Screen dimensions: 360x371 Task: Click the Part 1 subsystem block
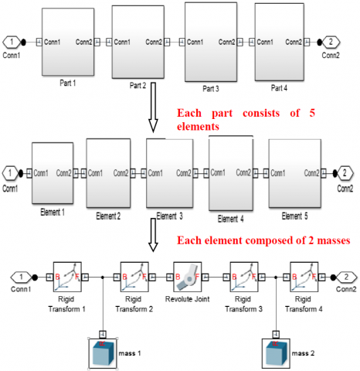pos(68,42)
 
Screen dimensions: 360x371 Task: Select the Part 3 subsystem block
pos(211,42)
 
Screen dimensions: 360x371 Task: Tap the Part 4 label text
pos(279,88)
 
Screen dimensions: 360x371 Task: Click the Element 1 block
pos(53,173)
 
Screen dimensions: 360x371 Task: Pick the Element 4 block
pos(231,173)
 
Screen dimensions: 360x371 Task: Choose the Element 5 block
pos(295,173)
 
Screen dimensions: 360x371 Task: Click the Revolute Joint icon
pos(188,277)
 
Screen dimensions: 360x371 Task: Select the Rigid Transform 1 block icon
pos(67,277)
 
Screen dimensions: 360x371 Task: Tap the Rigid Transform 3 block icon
pos(244,277)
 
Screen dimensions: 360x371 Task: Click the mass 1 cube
pos(103,353)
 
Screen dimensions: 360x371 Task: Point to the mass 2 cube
pos(276,353)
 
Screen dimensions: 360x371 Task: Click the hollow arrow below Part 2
pos(153,107)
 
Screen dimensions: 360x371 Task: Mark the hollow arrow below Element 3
pos(153,235)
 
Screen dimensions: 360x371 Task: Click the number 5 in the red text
pos(312,113)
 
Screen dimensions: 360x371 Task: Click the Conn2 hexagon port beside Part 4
pos(331,42)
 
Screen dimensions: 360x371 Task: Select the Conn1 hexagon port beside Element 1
pos(10,173)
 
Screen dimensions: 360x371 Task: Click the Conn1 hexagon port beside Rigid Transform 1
pos(21,277)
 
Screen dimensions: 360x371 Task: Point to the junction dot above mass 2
pos(276,277)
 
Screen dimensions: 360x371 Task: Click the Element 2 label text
pos(108,216)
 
